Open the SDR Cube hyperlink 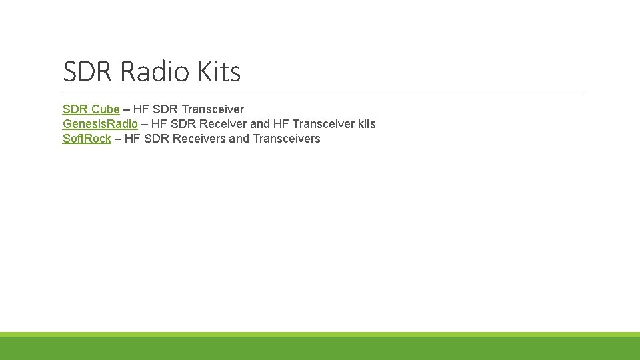[91, 109]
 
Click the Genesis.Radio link [100, 124]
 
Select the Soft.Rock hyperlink [87, 139]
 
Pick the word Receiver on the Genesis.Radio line [223, 124]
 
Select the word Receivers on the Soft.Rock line [199, 139]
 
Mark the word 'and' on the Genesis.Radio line [260, 124]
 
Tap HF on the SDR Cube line [141, 109]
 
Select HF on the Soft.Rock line [133, 139]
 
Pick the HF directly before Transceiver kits [281, 124]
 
